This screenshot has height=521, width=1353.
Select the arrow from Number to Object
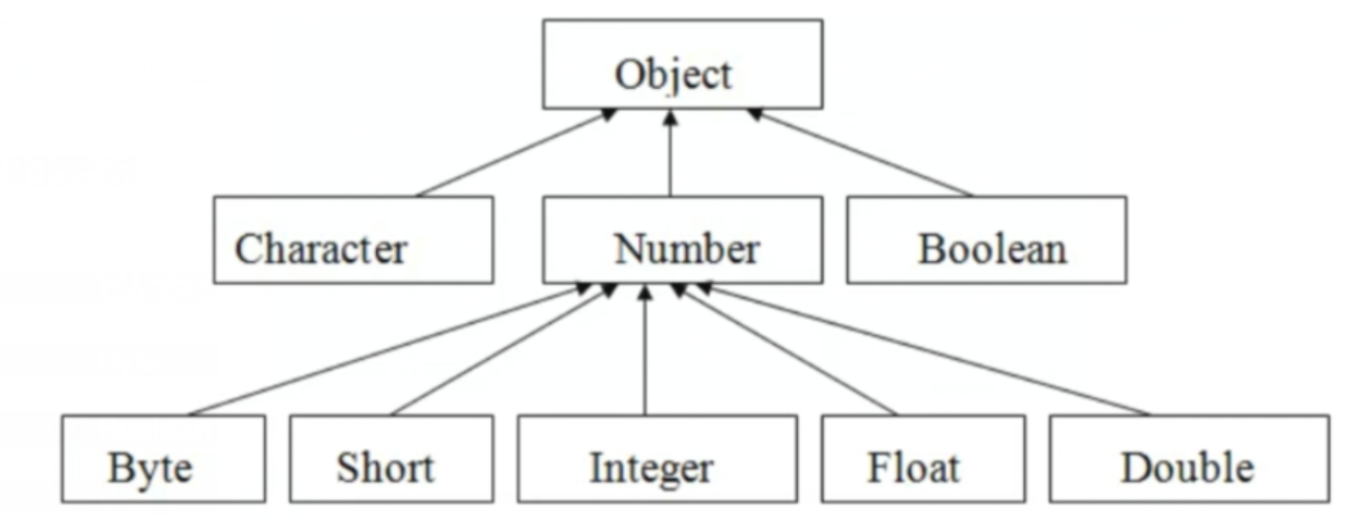[670, 153]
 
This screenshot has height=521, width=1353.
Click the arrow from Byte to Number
[383, 351]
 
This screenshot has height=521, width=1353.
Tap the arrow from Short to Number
[503, 351]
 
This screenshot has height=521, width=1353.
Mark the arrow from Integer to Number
[645, 351]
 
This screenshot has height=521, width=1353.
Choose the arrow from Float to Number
[787, 351]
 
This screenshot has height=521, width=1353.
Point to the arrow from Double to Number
[923, 351]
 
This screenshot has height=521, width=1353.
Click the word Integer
[651, 468]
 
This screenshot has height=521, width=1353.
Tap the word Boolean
[991, 250]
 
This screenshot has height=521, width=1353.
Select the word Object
[674, 74]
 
